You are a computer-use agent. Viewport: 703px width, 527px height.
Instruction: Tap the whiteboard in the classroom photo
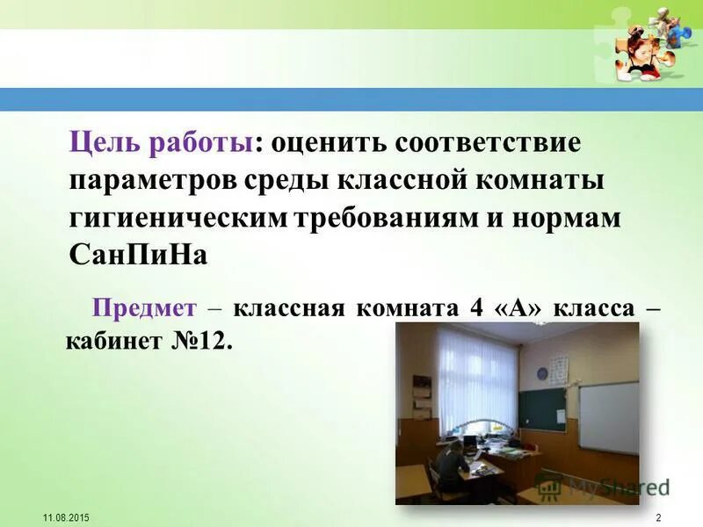click(x=608, y=417)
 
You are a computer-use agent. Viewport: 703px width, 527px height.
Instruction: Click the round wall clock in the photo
click(x=542, y=374)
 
